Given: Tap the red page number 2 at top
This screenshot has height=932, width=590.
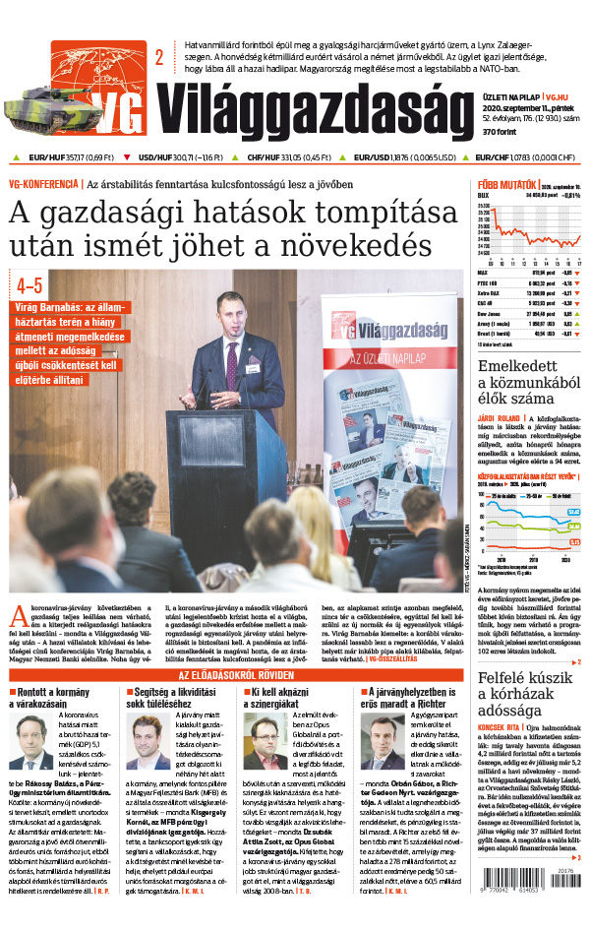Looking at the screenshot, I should tap(158, 58).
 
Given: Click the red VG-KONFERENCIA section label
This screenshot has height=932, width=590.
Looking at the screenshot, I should tap(43, 183).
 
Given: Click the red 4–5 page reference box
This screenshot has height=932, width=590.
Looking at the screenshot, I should tap(29, 286).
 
